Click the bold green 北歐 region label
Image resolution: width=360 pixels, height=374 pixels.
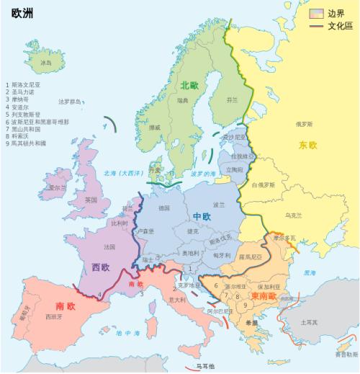pyautogui.click(x=191, y=85)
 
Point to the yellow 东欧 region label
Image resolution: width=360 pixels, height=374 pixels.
pyautogui.click(x=307, y=146)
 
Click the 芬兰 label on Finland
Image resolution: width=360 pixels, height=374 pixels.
pyautogui.click(x=232, y=100)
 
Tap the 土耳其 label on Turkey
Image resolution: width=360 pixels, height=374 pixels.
pyautogui.click(x=309, y=322)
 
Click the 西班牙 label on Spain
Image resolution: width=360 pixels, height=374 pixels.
pyautogui.click(x=52, y=317)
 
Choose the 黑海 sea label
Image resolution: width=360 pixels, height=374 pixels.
pyautogui.click(x=309, y=273)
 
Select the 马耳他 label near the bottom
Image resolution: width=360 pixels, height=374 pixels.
pyautogui.click(x=204, y=367)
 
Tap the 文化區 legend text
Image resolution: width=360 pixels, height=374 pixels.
pyautogui.click(x=339, y=26)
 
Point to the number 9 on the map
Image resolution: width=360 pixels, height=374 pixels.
pyautogui.click(x=246, y=305)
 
